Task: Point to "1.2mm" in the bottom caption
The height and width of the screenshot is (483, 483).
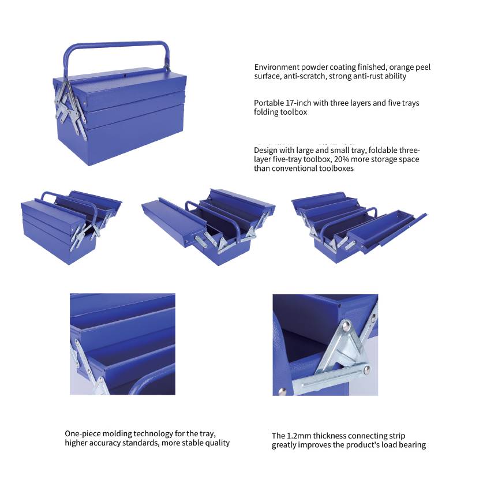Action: (299, 436)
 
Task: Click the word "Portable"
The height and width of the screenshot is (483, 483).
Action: (269, 103)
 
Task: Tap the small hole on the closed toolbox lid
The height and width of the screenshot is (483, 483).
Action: (125, 75)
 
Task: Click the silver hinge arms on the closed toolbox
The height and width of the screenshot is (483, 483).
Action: (68, 104)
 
